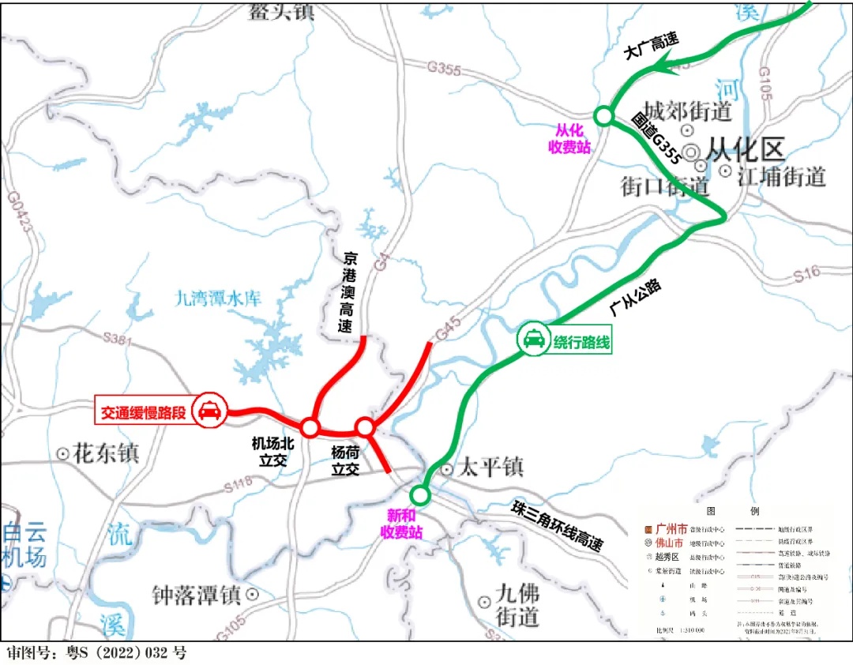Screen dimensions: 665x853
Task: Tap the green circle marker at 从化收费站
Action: [604, 116]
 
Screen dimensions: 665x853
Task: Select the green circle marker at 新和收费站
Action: [419, 495]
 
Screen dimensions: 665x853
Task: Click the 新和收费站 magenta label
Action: [404, 524]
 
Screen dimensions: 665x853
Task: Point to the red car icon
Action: [209, 411]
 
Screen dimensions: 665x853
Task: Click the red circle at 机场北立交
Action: [310, 428]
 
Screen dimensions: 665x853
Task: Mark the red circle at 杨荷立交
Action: [365, 427]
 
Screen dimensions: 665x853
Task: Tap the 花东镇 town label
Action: [105, 453]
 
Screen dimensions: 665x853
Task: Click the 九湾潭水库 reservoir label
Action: [217, 299]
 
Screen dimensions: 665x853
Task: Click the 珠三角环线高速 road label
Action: [557, 526]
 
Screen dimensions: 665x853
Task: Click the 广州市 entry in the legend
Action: [671, 528]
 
